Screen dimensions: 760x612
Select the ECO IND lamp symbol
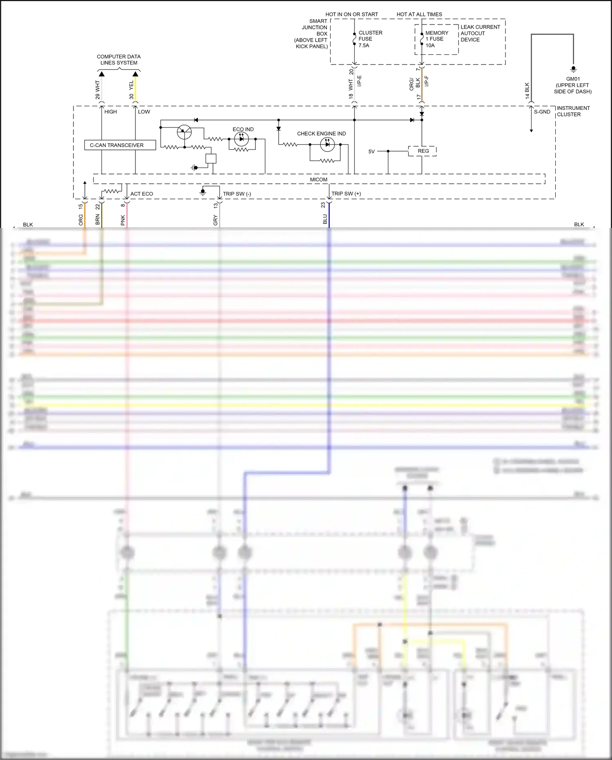242,139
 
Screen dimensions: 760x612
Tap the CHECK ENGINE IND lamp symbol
327,144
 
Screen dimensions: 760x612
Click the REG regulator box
423,151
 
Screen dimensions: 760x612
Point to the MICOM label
318,180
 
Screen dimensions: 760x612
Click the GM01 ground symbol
573,69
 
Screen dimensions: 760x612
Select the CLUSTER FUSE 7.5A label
370,39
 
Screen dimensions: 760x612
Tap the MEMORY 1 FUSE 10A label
436,39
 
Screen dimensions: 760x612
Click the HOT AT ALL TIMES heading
419,14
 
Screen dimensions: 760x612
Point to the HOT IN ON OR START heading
351,14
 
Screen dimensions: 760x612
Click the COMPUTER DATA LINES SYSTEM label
119,60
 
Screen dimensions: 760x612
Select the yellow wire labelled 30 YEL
135,90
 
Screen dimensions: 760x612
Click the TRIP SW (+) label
346,194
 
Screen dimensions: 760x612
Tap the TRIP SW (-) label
237,194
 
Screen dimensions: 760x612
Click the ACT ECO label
142,194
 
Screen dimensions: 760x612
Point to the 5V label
371,152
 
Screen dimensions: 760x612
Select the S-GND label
542,112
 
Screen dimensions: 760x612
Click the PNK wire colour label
123,221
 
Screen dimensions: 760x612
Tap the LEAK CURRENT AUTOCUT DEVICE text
480,33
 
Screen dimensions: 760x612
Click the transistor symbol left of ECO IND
184,132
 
